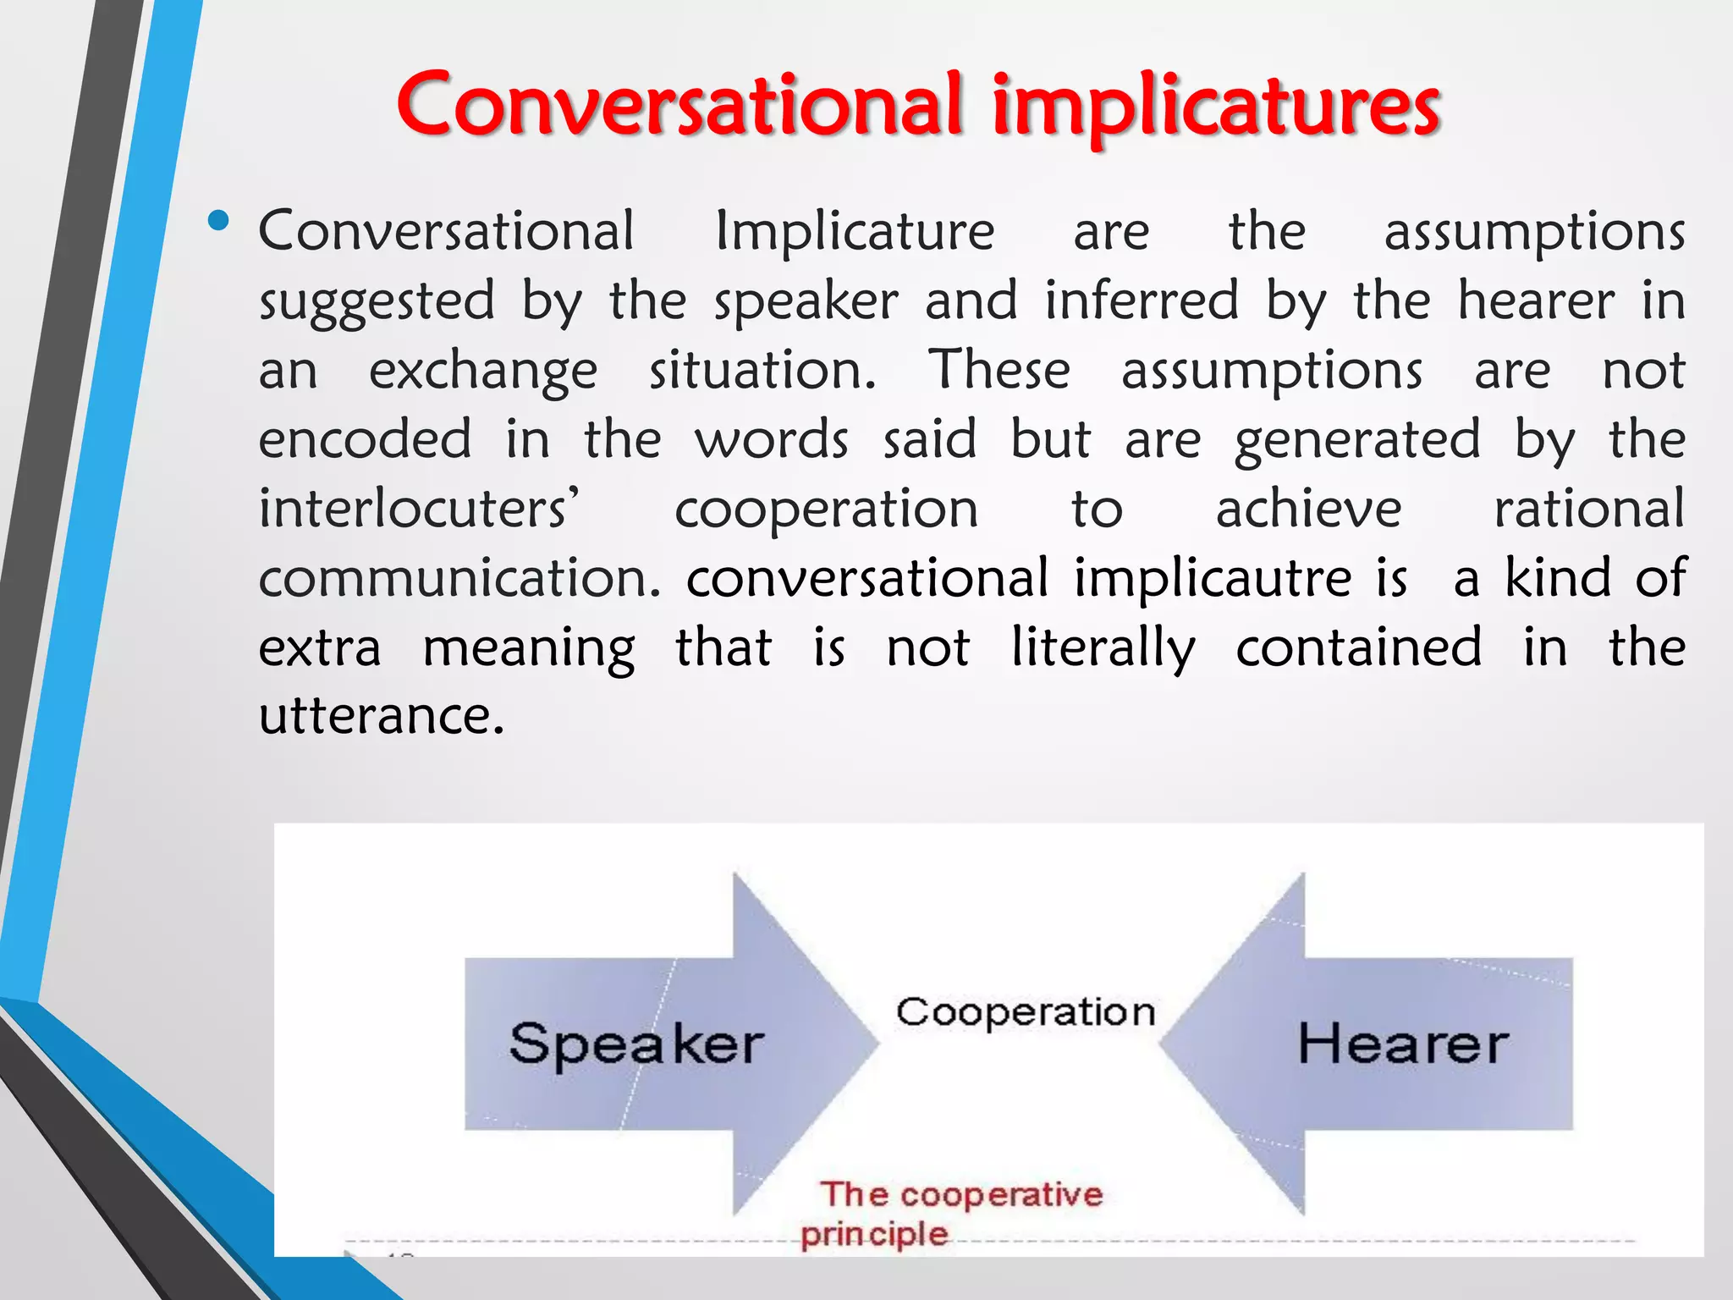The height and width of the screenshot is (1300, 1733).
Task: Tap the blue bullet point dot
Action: (218, 222)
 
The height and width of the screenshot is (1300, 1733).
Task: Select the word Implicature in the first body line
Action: (855, 230)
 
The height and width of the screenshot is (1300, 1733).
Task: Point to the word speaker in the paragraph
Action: (806, 301)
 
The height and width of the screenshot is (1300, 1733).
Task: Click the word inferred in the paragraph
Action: (1142, 300)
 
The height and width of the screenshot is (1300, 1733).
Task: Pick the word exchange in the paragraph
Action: (483, 372)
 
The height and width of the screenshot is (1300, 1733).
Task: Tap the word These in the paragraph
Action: (999, 370)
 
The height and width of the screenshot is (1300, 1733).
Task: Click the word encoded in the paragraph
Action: (365, 439)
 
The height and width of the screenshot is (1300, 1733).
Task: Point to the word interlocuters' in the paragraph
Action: (420, 509)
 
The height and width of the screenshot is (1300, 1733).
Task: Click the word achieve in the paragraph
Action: (1308, 509)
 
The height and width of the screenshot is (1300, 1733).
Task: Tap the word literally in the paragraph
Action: (1103, 648)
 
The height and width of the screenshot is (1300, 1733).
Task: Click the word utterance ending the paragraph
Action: (381, 716)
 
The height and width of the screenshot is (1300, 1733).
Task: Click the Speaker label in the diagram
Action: (636, 1044)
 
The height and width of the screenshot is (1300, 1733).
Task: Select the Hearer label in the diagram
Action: (1403, 1044)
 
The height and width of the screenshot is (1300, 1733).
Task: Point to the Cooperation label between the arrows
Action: (1026, 1012)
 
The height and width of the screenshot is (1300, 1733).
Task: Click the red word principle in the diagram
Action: (874, 1235)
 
